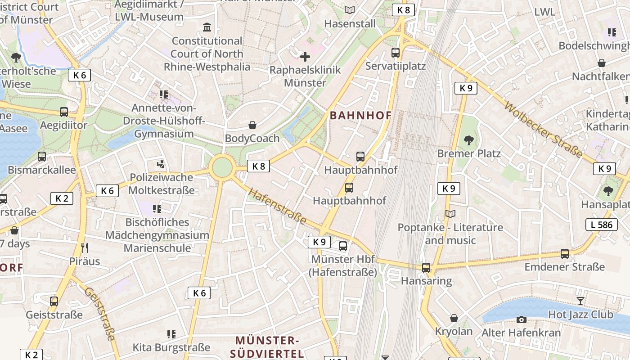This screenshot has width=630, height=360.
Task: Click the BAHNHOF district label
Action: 360,115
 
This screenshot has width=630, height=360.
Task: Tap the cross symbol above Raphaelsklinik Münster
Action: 305,57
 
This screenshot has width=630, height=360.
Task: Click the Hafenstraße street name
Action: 277,207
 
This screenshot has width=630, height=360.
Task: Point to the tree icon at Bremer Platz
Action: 469,140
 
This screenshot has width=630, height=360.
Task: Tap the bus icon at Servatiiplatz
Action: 396,53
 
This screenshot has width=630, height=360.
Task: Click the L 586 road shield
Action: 601,224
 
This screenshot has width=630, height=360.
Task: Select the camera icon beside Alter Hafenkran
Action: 521,319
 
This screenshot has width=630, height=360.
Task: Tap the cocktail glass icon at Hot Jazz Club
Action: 580,301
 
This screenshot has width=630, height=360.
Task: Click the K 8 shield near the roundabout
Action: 258,166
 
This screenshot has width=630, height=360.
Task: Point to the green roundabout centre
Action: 222,167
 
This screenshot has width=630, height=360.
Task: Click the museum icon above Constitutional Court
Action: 207,28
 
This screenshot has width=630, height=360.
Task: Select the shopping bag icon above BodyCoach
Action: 252,125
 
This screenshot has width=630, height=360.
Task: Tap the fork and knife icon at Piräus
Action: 85,247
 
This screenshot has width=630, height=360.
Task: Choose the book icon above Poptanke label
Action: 450,214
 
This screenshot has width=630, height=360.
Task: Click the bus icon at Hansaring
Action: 426,268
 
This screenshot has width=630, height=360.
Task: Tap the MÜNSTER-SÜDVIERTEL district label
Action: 267,346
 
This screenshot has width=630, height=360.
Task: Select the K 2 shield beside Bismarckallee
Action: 62,198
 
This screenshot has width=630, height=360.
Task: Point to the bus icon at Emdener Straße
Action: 565,254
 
